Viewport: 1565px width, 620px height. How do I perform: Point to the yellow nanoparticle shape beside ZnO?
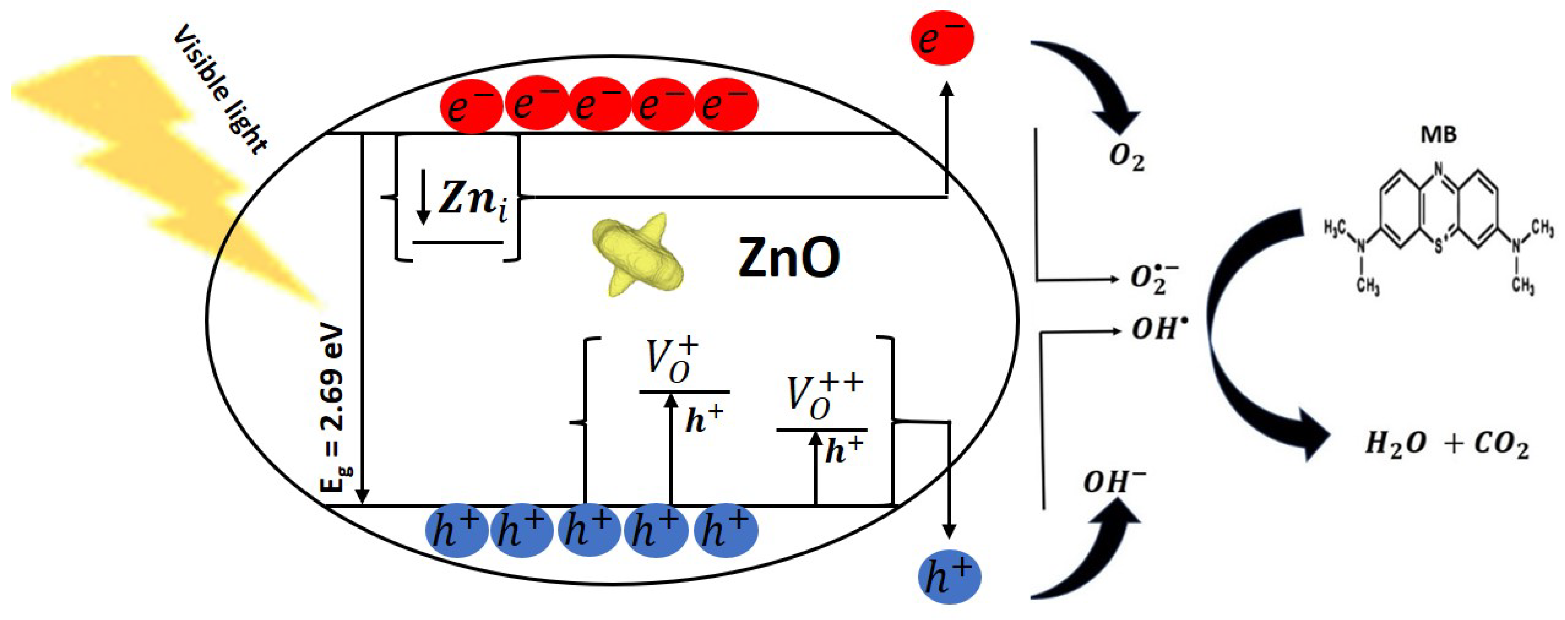[638, 255]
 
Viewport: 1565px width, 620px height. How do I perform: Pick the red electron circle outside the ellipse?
[942, 38]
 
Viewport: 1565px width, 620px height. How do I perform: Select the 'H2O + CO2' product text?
[1446, 445]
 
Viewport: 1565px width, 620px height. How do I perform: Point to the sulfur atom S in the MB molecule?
[1437, 248]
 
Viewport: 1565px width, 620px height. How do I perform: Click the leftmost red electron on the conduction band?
[471, 105]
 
